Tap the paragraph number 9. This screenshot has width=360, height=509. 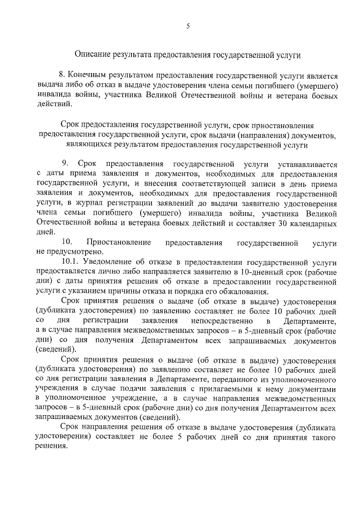click(65, 164)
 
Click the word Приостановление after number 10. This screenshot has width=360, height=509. click(119, 242)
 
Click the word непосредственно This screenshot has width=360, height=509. click(220, 320)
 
